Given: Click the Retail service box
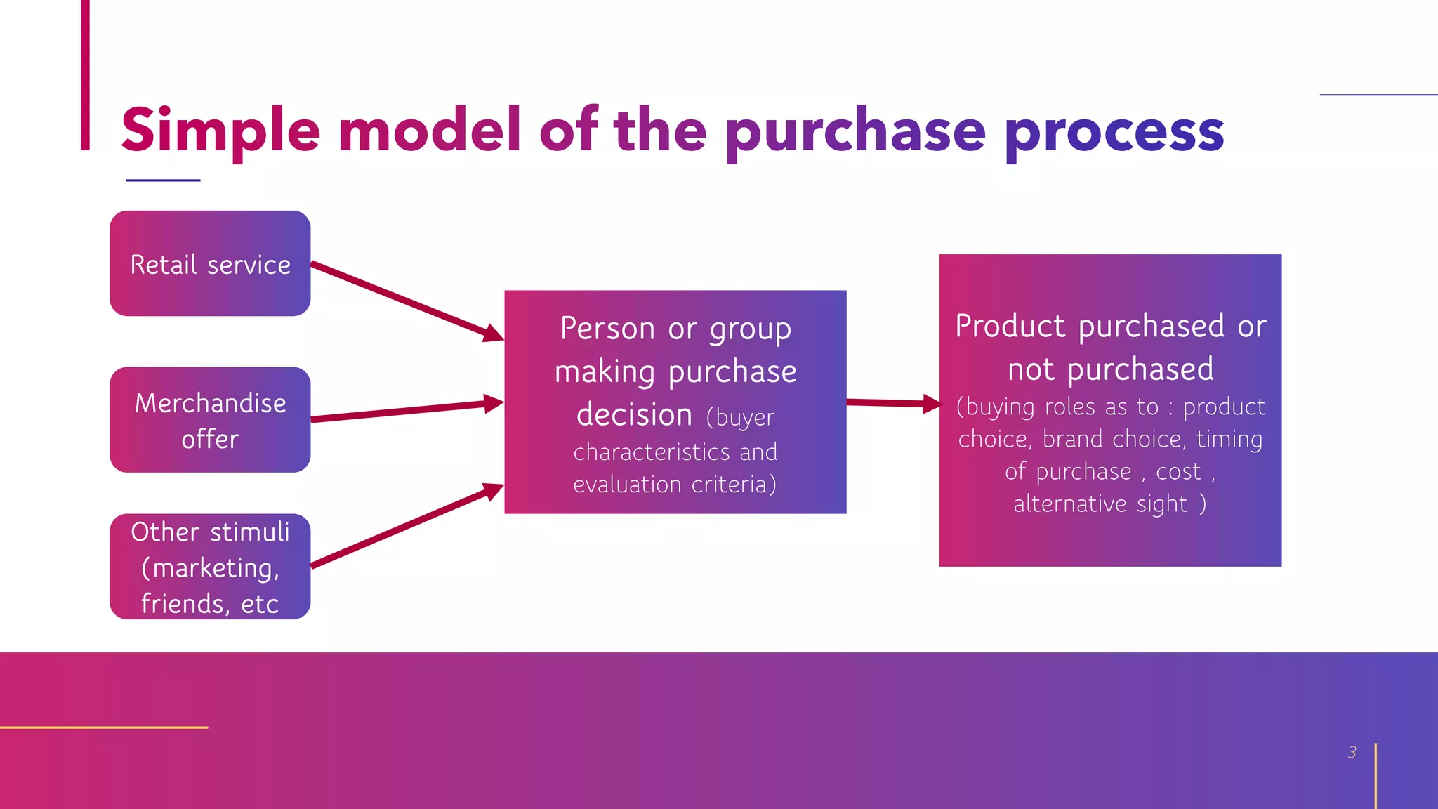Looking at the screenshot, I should click(x=210, y=264).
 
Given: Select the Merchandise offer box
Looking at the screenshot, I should click(x=210, y=420).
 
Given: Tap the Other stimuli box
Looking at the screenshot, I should click(x=210, y=566).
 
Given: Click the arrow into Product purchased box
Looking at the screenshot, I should click(x=892, y=403).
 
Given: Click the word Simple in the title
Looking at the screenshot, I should click(x=220, y=131).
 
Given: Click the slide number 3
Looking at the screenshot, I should click(x=1352, y=752).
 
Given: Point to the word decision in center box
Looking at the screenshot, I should click(x=634, y=414).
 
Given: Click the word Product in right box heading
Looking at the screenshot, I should click(x=1010, y=327).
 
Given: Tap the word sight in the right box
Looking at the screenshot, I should click(x=1161, y=504).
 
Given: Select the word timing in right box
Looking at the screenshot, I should click(x=1229, y=440).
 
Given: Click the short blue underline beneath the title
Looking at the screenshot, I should click(x=163, y=180).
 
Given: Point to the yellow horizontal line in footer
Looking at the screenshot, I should click(x=104, y=728).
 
